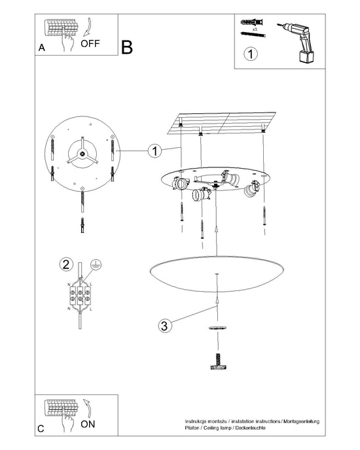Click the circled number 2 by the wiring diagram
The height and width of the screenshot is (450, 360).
65,265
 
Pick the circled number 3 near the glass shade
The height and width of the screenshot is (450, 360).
166,324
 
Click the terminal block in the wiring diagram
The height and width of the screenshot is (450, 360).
80,293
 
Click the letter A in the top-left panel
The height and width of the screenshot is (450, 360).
42,48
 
